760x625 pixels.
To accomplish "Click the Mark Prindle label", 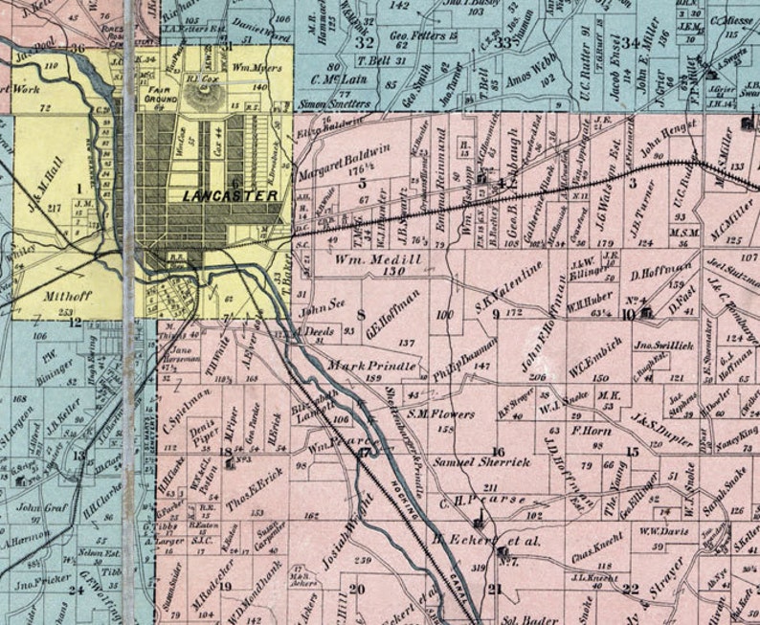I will [371, 366].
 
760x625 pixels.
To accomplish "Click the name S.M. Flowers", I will [440, 414].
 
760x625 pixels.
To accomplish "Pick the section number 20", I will [357, 589].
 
